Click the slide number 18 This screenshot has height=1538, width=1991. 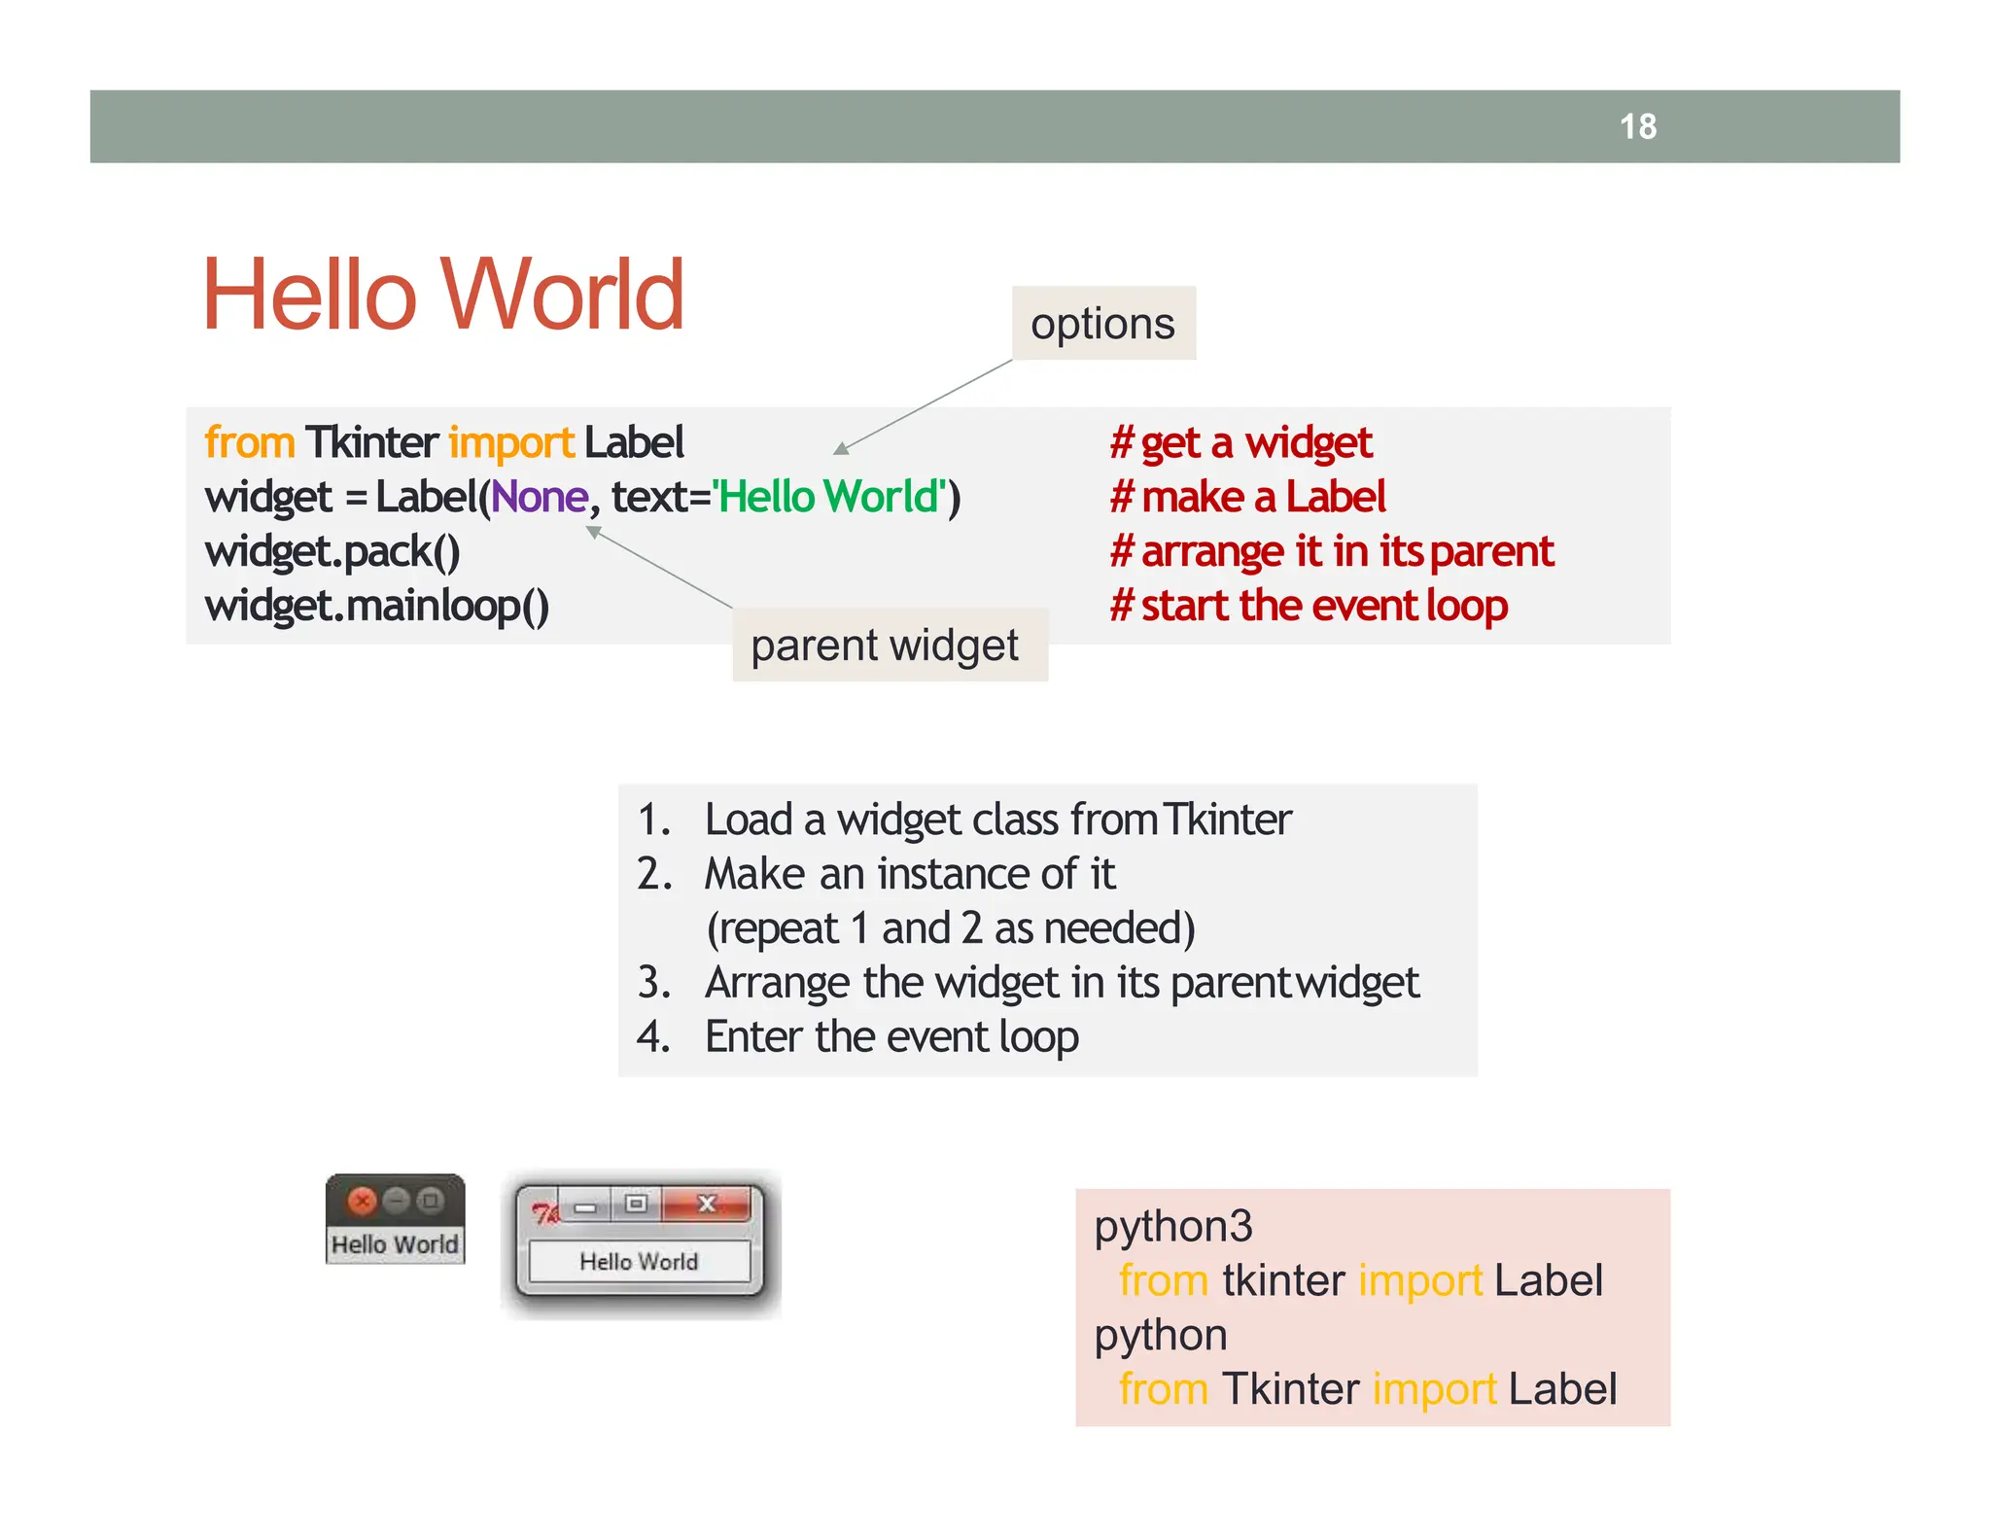(1638, 126)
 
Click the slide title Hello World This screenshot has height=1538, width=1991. (443, 295)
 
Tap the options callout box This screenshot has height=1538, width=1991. (1102, 324)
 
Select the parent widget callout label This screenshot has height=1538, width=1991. (885, 646)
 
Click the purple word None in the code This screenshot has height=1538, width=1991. (539, 497)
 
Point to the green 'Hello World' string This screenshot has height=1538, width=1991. (829, 497)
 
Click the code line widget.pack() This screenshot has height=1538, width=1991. (332, 551)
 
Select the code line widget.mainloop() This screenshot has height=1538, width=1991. (376, 606)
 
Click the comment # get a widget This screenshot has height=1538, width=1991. (1240, 443)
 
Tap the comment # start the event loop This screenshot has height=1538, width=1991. (1309, 606)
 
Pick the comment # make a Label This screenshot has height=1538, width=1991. (1247, 497)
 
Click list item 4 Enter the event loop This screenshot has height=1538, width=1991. (891, 1036)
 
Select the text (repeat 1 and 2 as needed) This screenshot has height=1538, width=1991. (950, 928)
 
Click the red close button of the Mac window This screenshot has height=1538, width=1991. (362, 1202)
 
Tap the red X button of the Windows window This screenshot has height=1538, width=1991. (707, 1205)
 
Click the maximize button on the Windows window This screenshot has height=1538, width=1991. (636, 1205)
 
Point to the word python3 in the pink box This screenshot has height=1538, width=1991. (1172, 1226)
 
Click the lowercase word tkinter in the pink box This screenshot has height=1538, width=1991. (1283, 1280)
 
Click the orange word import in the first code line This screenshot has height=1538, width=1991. (511, 443)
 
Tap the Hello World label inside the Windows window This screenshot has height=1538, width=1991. (639, 1261)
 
